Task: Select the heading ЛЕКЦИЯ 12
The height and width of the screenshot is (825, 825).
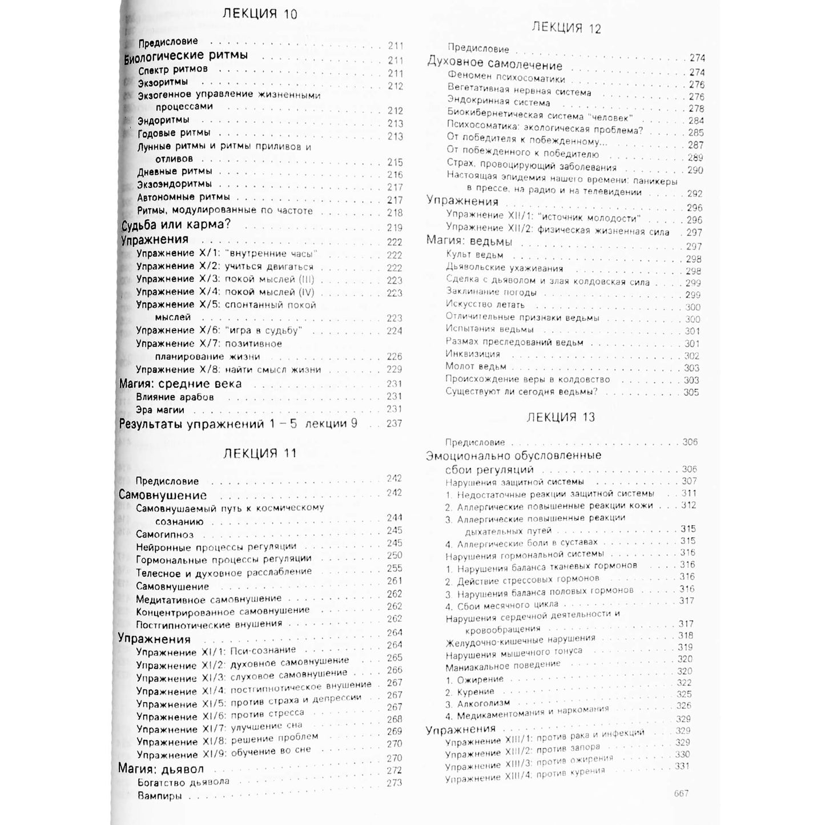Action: (566, 28)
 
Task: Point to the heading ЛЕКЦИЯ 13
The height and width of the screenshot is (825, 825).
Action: (560, 417)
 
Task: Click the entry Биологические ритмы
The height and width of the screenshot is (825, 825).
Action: (186, 55)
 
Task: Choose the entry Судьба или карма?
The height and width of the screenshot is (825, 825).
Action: (176, 224)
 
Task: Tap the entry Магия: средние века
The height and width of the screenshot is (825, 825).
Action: (180, 384)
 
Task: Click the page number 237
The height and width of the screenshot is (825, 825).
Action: (393, 424)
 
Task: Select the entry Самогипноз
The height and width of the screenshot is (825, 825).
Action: (164, 534)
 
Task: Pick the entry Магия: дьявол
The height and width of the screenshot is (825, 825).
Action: (160, 768)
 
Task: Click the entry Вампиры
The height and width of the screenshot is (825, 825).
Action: (160, 796)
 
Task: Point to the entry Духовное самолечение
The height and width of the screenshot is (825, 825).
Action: (495, 65)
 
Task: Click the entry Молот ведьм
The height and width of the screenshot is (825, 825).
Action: (476, 367)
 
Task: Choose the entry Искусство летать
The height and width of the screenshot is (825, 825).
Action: (477, 304)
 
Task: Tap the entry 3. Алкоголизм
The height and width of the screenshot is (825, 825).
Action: (469, 704)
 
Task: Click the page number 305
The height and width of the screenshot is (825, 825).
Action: (691, 392)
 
